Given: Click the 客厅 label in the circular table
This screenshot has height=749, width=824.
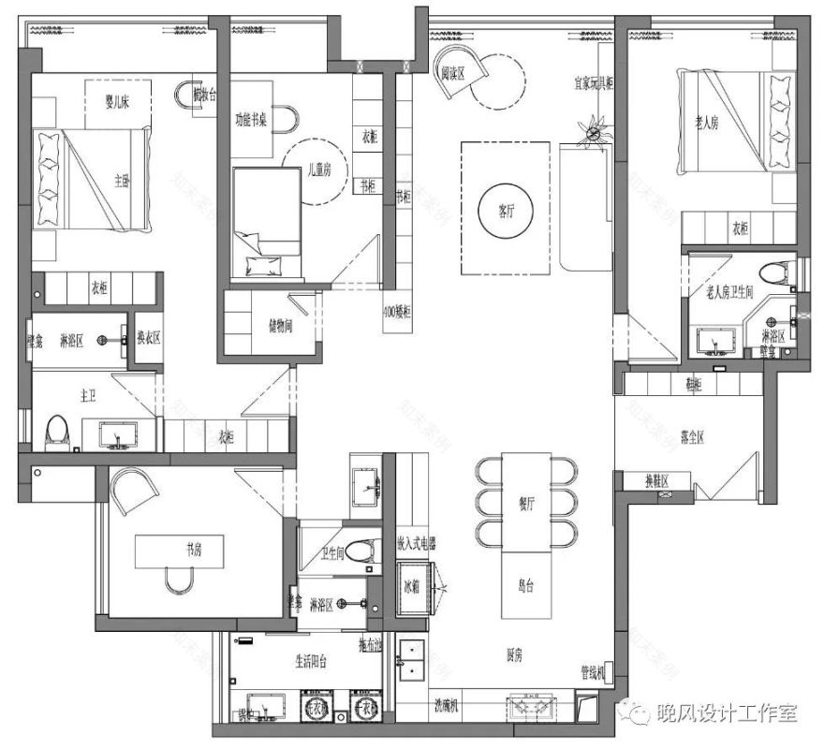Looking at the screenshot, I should [x=495, y=211].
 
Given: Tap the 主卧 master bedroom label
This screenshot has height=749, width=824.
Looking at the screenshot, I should [x=122, y=181].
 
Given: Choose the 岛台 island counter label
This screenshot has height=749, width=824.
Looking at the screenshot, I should [x=525, y=587].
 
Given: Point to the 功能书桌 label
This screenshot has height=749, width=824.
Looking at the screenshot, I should [x=253, y=119].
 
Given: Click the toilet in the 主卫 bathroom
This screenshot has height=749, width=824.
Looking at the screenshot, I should [x=58, y=432].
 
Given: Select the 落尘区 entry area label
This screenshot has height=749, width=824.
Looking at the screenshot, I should [x=691, y=436].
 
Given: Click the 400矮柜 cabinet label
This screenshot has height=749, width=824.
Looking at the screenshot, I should [x=397, y=311].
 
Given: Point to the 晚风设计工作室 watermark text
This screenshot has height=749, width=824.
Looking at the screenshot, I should [x=728, y=713].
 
